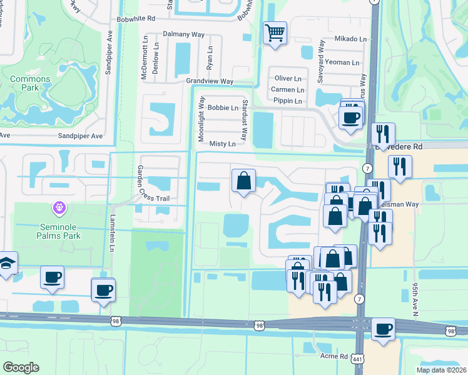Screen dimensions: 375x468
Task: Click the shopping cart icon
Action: pyautogui.click(x=275, y=32)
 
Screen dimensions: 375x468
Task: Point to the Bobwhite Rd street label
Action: pyautogui.click(x=135, y=19)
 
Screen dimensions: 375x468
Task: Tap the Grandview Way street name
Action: pyautogui.click(x=209, y=81)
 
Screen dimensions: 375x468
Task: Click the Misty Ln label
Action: pyautogui.click(x=222, y=144)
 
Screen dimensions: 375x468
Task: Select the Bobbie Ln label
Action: pyautogui.click(x=223, y=107)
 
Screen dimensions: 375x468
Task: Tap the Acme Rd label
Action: pyautogui.click(x=333, y=356)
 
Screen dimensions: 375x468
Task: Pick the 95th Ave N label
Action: pyautogui.click(x=415, y=299)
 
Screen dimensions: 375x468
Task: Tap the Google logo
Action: pyautogui.click(x=21, y=367)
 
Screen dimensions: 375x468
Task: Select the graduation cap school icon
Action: pyautogui.click(x=6, y=263)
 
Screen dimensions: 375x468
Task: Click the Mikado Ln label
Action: pyautogui.click(x=350, y=39)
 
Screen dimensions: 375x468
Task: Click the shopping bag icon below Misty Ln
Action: pyautogui.click(x=243, y=181)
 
